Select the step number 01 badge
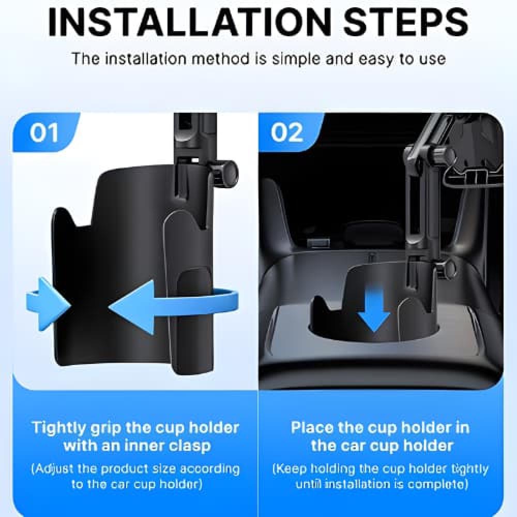(x=44, y=132)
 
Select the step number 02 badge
(x=286, y=132)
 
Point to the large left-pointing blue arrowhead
(x=132, y=307)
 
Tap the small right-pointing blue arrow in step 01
(x=48, y=304)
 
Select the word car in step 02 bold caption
(x=353, y=446)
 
